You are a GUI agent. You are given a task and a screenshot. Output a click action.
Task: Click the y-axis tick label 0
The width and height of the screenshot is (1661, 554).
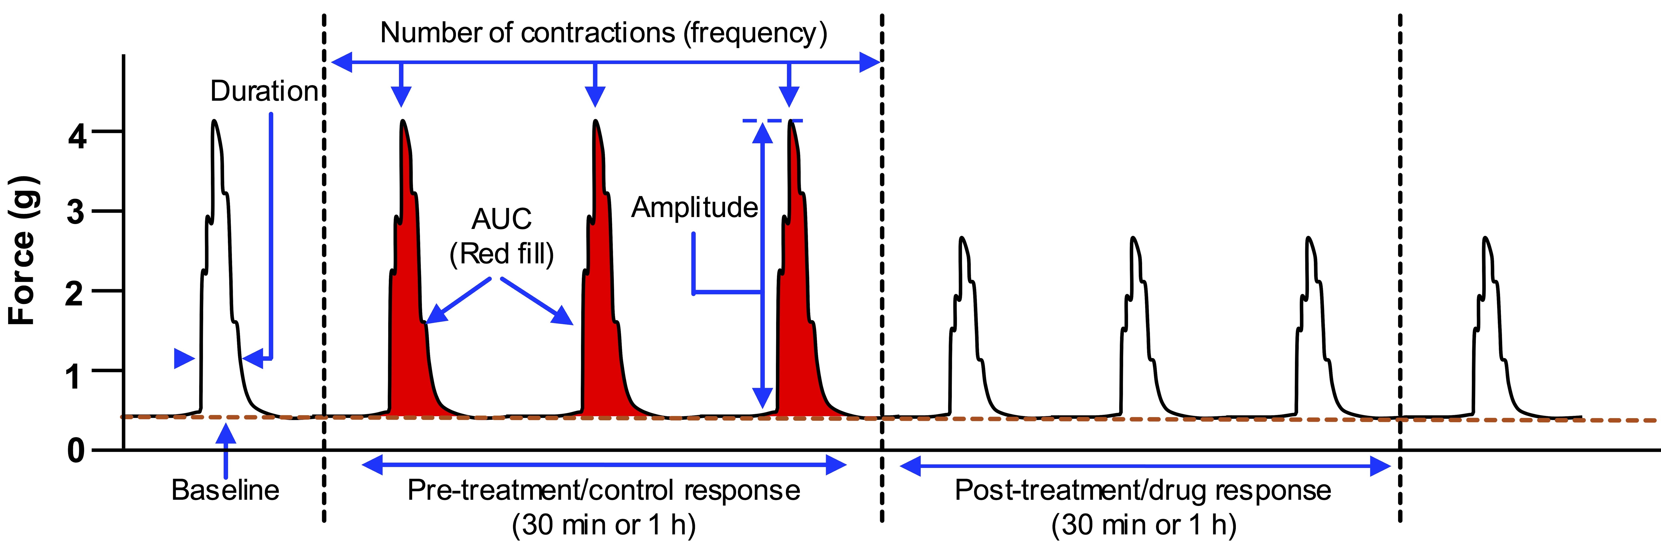[77, 450]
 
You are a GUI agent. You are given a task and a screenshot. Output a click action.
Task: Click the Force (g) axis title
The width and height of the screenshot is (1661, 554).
[23, 250]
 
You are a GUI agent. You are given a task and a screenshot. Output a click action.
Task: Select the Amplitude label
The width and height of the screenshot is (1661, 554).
[694, 208]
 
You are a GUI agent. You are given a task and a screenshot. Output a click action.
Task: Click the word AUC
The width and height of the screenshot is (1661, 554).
[502, 219]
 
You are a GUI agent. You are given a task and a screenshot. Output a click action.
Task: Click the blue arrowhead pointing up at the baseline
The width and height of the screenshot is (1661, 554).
[226, 435]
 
